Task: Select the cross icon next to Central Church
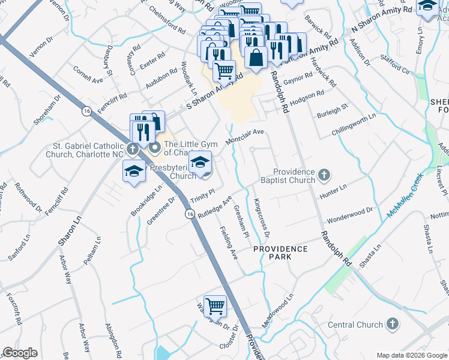393,325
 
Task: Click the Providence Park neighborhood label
280,253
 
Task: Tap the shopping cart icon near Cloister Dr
215,306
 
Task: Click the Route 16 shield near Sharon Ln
87,111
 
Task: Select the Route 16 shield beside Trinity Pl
190,214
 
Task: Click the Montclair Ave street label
245,136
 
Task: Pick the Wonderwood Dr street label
350,214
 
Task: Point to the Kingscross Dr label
262,218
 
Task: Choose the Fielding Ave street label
229,242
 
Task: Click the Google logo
20,353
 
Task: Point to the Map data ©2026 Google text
411,355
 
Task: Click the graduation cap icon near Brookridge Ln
133,172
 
